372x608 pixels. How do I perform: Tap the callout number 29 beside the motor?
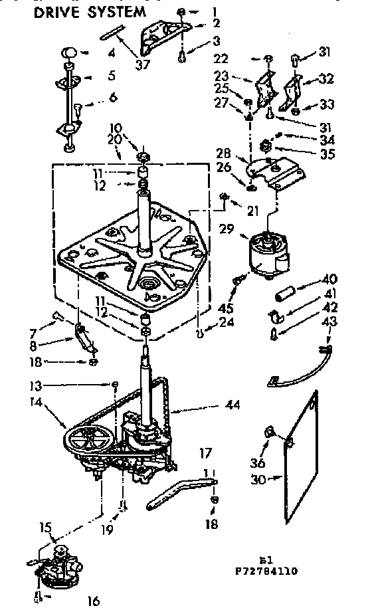227,229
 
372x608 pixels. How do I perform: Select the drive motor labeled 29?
269,253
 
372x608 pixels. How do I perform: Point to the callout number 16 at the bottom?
92,601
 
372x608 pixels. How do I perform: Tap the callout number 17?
206,454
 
